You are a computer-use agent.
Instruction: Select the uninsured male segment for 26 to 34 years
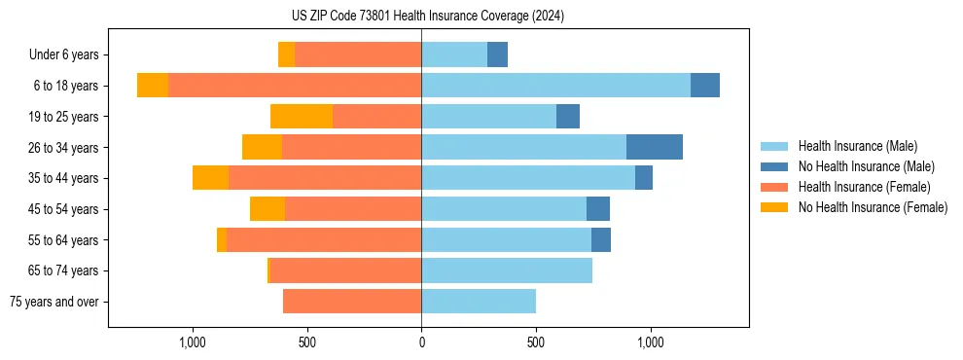654,147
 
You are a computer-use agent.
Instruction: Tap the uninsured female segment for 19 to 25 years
302,117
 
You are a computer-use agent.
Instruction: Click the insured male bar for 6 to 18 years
555,86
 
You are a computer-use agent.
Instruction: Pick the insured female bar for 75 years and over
352,302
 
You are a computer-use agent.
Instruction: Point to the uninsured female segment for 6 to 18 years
153,86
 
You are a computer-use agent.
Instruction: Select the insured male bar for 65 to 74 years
507,270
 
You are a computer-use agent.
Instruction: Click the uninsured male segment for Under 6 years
497,54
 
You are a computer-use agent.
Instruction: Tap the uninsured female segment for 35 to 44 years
210,178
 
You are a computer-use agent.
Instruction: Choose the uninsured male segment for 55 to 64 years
601,239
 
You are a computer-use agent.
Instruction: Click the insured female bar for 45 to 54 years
353,209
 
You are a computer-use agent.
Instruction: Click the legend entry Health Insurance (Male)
857,146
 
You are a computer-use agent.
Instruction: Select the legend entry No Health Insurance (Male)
866,166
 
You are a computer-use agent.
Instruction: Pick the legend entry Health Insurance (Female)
864,187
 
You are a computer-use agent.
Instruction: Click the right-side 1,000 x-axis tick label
650,343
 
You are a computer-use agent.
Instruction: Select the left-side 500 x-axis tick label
306,343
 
